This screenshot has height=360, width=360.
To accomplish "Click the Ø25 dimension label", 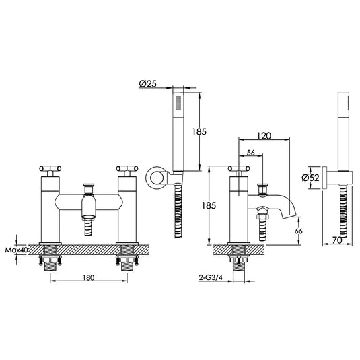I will click(x=149, y=84).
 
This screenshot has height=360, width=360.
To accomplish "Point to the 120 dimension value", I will click(x=264, y=135).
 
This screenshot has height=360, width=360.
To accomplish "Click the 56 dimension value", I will click(x=250, y=153).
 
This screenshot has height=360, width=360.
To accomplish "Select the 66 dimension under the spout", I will click(x=299, y=231).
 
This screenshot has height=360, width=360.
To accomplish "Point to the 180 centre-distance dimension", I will click(x=88, y=277).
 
